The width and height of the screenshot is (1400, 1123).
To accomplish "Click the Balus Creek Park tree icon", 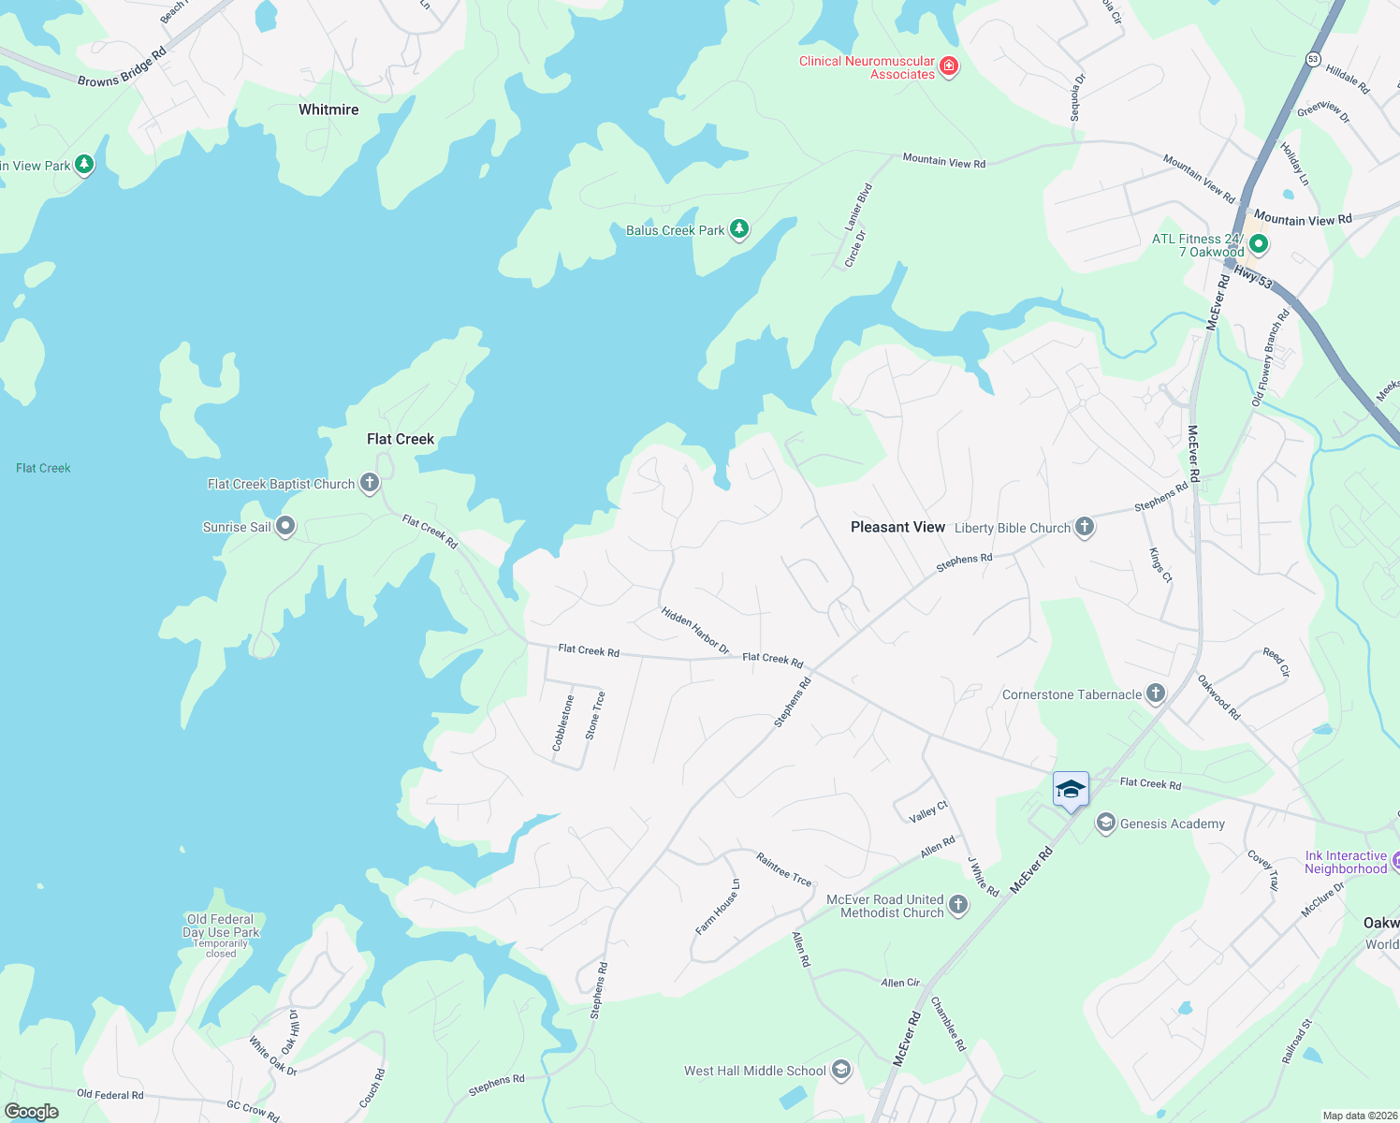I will click(739, 228).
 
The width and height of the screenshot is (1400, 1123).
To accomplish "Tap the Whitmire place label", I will click(328, 109).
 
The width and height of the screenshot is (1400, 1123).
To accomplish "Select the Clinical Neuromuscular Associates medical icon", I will click(949, 66).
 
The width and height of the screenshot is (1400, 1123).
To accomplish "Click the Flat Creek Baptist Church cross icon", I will click(370, 483).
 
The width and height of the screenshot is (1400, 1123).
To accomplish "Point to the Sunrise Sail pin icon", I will click(285, 527).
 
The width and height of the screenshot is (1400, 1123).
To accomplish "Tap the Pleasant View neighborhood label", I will click(897, 527).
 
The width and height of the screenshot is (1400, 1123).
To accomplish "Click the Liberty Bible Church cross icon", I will click(1085, 527).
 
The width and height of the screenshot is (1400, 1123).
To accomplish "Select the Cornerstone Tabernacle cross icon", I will click(1156, 693).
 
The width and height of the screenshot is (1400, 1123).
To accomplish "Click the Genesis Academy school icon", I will click(1105, 823).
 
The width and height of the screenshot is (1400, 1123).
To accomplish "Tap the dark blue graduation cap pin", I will click(1071, 790).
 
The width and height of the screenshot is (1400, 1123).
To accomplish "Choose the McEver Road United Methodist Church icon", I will click(958, 904).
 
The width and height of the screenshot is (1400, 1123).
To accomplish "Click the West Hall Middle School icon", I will click(841, 1070).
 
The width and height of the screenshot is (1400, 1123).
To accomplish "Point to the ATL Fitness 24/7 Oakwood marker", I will click(1259, 244).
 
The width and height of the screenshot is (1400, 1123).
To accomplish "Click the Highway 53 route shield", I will click(1313, 59).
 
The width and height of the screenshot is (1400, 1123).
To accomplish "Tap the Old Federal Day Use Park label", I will click(221, 926).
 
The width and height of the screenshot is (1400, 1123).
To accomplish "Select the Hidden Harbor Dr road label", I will click(695, 629).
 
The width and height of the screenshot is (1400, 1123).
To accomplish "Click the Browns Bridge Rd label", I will click(122, 68).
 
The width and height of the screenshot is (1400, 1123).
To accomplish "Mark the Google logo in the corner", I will click(32, 1112).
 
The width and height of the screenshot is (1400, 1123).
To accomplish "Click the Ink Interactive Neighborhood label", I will click(1346, 862).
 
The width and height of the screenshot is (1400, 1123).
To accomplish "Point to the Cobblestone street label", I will click(563, 722).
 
